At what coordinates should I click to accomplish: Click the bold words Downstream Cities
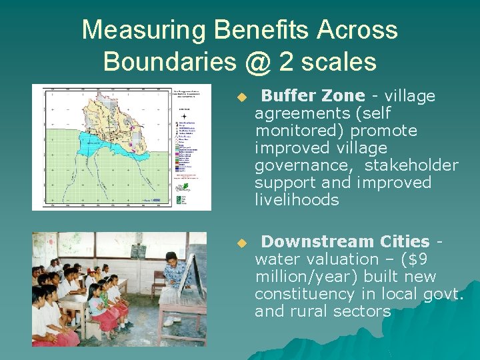tap(345, 241)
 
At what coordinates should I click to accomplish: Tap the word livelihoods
tap(297, 200)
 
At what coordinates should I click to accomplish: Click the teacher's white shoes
tap(171, 321)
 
